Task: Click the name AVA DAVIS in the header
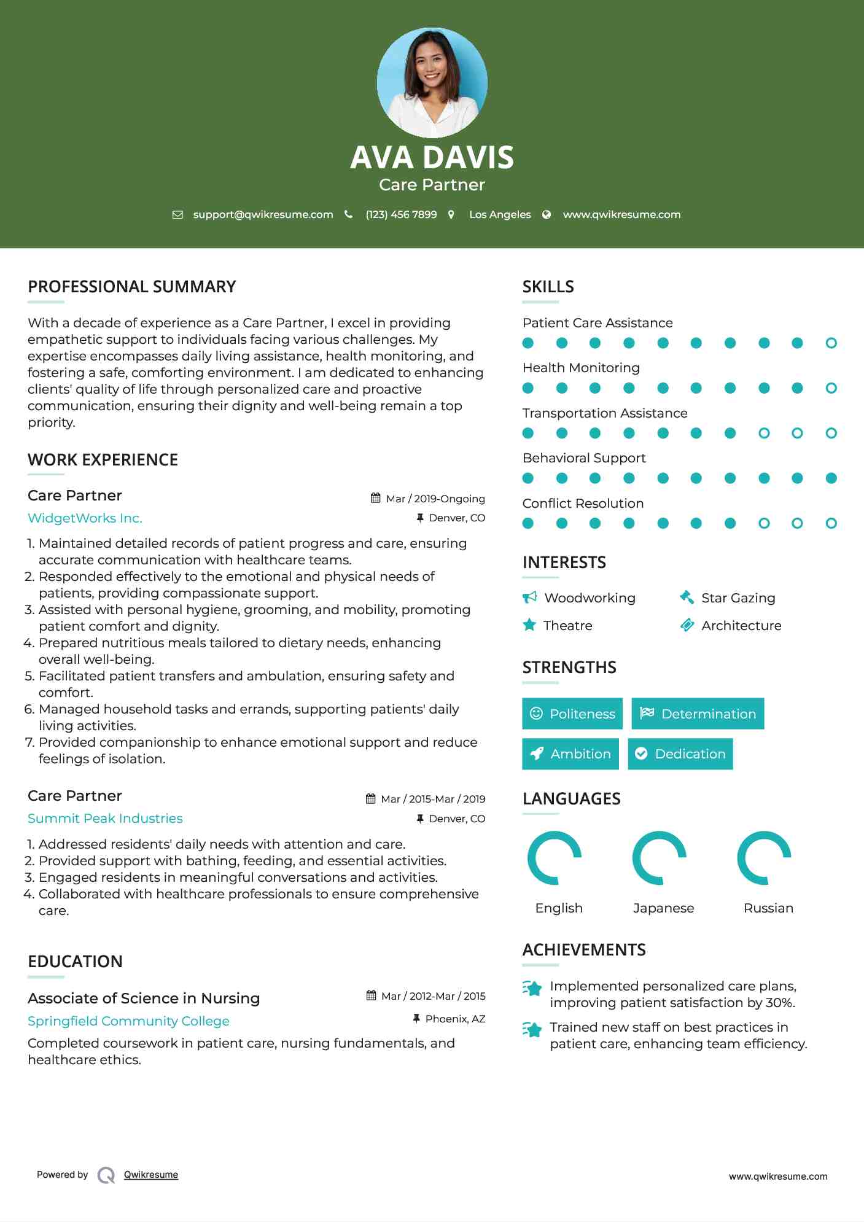coord(432,157)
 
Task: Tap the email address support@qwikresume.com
coord(263,214)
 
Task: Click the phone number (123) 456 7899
coord(401,214)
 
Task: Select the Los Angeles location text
coord(499,214)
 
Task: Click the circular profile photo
coord(432,82)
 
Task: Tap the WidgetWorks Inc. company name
coord(85,518)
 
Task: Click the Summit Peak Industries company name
coord(105,818)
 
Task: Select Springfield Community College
coord(128,1021)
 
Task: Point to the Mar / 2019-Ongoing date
coord(435,499)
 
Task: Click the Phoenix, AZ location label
coord(455,1019)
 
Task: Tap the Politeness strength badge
coord(572,714)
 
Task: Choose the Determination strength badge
coord(698,714)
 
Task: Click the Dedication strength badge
coord(680,753)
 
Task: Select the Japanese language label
coord(663,908)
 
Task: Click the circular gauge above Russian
coord(764,857)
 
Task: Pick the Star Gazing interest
coord(738,597)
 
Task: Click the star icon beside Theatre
coord(529,625)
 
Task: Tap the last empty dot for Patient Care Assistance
coord(831,343)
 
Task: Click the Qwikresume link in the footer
coord(151,1174)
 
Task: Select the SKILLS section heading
coord(548,287)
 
